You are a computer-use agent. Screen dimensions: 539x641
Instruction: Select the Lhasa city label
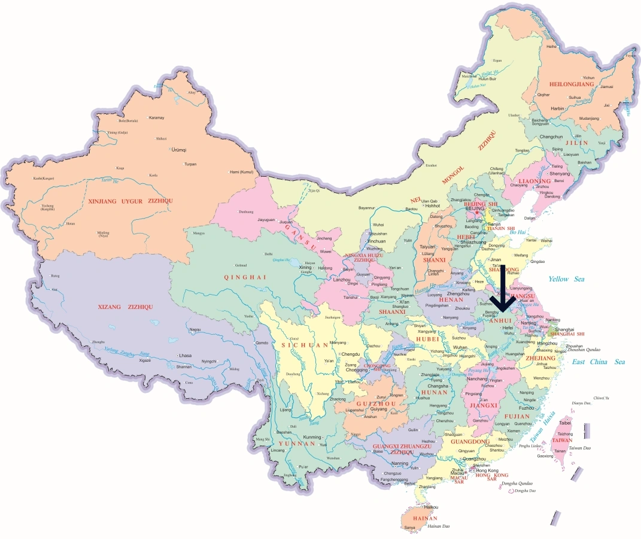click(x=184, y=356)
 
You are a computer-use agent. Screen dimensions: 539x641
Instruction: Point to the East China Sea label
click(x=598, y=362)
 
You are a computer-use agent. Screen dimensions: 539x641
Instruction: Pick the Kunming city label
click(x=312, y=437)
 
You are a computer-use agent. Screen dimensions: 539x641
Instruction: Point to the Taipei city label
click(x=565, y=423)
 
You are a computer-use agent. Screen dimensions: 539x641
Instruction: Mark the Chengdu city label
click(x=351, y=354)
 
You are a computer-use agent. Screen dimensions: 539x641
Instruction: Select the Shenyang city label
click(x=560, y=174)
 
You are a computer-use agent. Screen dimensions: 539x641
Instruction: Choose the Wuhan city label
click(x=460, y=347)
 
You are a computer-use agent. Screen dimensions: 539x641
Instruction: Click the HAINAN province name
click(x=425, y=518)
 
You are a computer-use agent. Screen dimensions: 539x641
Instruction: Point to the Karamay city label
click(x=156, y=117)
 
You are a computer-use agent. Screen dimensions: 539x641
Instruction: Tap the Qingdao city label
click(x=537, y=262)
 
